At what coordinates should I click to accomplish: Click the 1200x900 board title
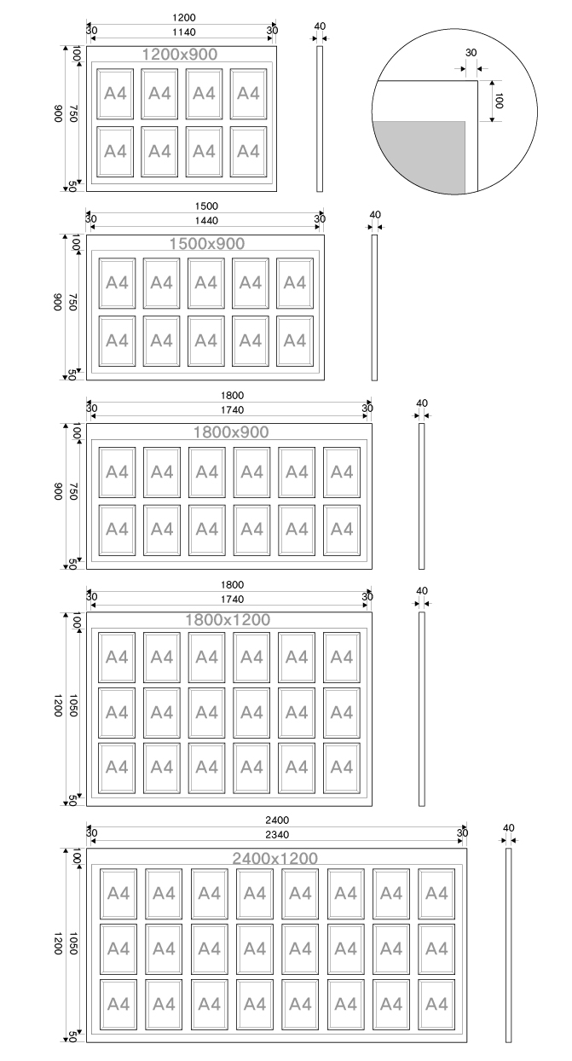pyautogui.click(x=180, y=55)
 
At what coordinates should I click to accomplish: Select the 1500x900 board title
pyautogui.click(x=207, y=243)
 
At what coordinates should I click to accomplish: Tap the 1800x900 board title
pyautogui.click(x=231, y=432)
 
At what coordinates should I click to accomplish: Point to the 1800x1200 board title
pyautogui.click(x=228, y=619)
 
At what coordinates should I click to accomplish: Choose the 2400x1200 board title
pyautogui.click(x=275, y=858)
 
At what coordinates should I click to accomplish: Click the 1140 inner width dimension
pyautogui.click(x=184, y=32)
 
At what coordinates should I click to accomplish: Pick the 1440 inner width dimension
pyautogui.click(x=206, y=221)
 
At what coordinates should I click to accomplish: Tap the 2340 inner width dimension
pyautogui.click(x=277, y=835)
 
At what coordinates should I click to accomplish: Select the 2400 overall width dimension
pyautogui.click(x=277, y=820)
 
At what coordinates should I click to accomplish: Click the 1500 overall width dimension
pyautogui.click(x=206, y=206)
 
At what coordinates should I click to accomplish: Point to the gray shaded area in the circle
pyautogui.click(x=419, y=156)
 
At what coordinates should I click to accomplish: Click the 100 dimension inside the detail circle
pyautogui.click(x=499, y=101)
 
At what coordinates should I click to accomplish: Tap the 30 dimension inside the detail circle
pyautogui.click(x=471, y=53)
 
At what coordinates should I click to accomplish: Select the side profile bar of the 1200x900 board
pyautogui.click(x=320, y=119)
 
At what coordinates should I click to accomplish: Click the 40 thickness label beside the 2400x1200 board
pyautogui.click(x=508, y=828)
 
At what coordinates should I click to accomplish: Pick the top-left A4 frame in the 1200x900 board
pyautogui.click(x=115, y=94)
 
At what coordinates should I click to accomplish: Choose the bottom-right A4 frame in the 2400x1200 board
pyautogui.click(x=436, y=1004)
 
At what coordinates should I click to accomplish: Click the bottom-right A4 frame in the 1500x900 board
pyautogui.click(x=295, y=341)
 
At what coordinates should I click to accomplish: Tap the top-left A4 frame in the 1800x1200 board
pyautogui.click(x=117, y=658)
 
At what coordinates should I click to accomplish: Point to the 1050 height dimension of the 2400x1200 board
pyautogui.click(x=73, y=943)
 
